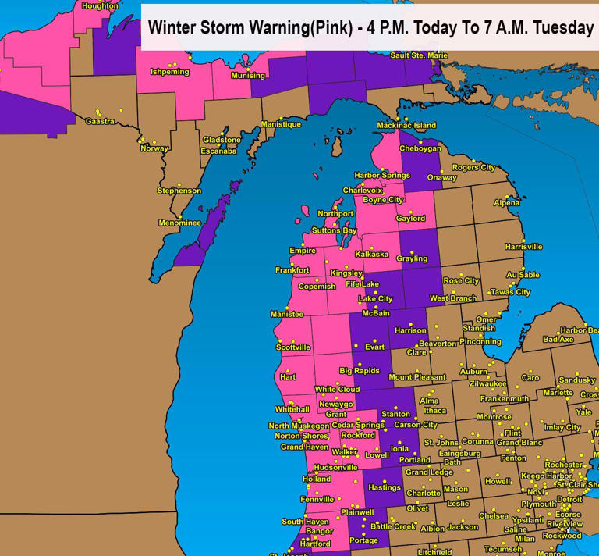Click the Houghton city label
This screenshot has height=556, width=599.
coord(100,6)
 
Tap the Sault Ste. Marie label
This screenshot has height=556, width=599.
coord(419,55)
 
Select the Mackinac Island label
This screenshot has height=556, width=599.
coord(406,125)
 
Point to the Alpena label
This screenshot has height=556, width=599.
coord(506,203)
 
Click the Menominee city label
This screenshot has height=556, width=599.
coord(180,223)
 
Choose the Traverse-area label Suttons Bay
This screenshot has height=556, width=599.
coord(334,231)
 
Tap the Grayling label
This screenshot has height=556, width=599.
coord(412,258)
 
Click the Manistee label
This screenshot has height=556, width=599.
coord(286,314)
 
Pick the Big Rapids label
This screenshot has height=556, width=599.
coord(359,371)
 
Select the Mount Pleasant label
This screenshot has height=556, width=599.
coord(416,377)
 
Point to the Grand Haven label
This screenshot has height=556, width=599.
coord(303,447)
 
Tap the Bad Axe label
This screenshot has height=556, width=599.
coord(558,340)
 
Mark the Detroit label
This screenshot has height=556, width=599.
coord(569,499)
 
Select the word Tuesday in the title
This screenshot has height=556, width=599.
coord(562,27)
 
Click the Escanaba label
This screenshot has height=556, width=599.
coord(218,151)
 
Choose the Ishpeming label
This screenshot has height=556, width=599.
coord(170,72)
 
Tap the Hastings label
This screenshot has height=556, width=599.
coord(385,488)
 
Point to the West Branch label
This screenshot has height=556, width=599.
coord(453,298)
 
